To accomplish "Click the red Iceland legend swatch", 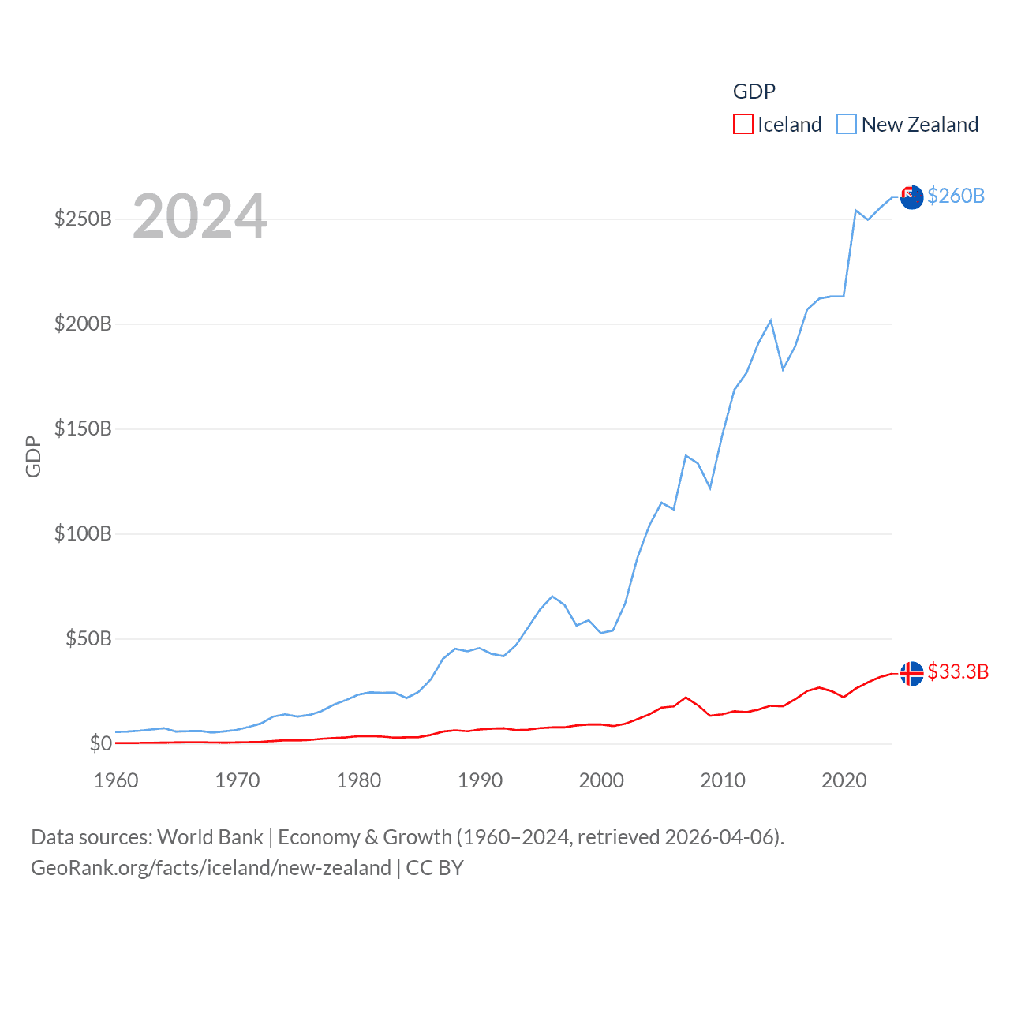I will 743,125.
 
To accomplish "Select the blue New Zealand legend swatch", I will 847,125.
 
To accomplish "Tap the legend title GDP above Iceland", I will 754,92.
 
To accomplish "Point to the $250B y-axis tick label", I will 83,219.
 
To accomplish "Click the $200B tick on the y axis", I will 83,324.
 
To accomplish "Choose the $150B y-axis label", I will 83,428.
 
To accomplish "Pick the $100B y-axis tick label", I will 83,533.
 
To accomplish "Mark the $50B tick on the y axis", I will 88,638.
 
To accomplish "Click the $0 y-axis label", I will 100,743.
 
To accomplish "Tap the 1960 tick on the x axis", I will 116,780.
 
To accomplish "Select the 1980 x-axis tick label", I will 358,780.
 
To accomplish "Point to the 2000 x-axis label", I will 601,780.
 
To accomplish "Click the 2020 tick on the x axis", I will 844,780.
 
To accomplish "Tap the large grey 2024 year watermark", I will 200,216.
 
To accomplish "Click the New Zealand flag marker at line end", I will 911,197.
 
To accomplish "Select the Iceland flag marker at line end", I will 911,673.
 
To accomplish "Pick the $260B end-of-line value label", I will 956,196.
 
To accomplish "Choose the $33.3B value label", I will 958,671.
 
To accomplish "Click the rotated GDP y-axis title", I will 33,456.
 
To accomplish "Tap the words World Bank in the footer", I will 210,837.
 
